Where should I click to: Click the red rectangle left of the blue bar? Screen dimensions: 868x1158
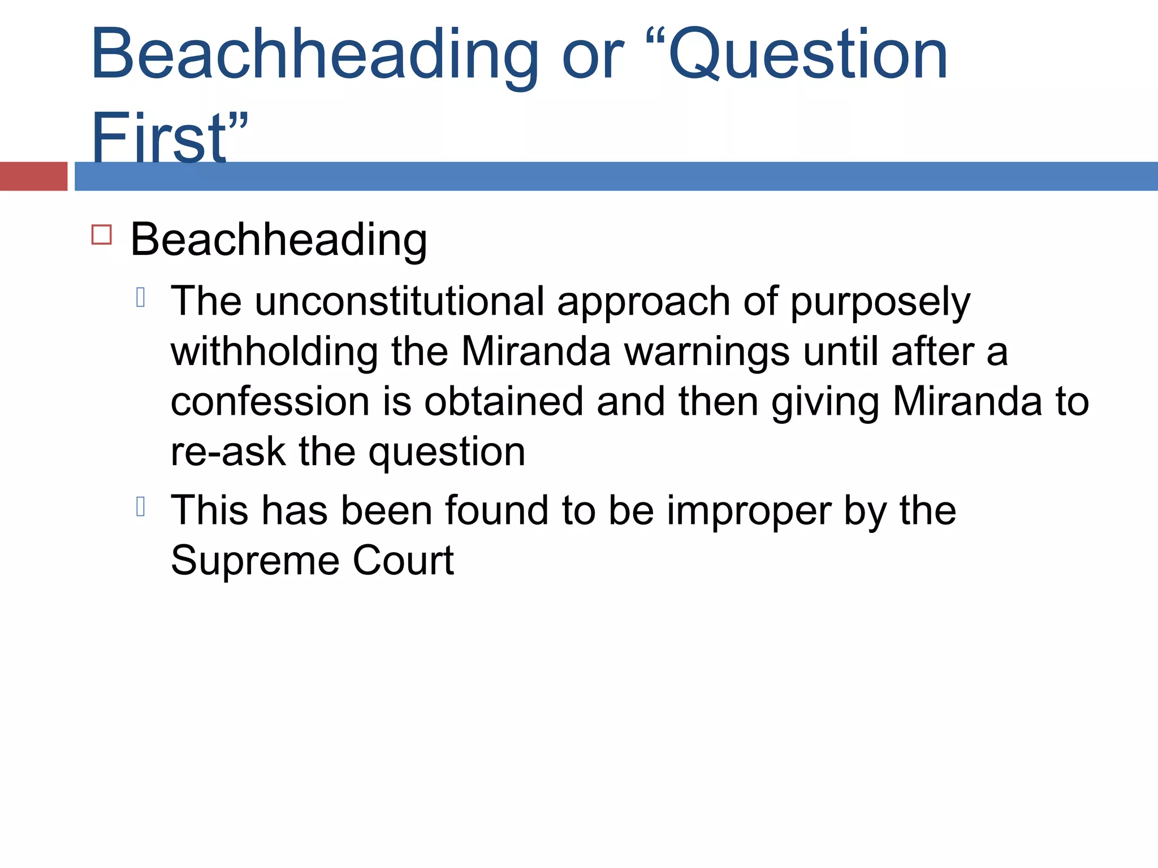tap(33, 176)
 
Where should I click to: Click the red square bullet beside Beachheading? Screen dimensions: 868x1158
tap(102, 235)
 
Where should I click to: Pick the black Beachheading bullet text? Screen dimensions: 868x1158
tap(279, 240)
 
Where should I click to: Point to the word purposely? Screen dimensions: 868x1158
tap(880, 303)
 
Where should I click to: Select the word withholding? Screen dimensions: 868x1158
tap(274, 351)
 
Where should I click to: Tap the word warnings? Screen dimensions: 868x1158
tap(707, 353)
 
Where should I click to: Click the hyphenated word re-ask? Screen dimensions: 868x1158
tap(228, 452)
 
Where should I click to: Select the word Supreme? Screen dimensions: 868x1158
tap(255, 561)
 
